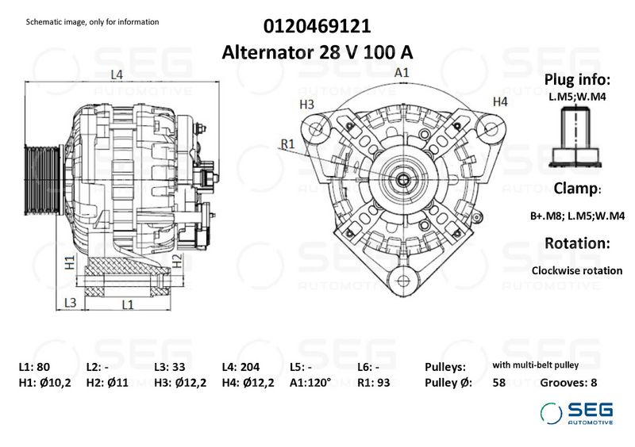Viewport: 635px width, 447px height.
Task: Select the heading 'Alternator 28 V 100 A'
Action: pyautogui.click(x=317, y=52)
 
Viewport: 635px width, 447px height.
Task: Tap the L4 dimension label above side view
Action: pyautogui.click(x=116, y=74)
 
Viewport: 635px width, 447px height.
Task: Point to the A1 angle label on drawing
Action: pyautogui.click(x=402, y=72)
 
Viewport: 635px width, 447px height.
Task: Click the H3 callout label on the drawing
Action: pyautogui.click(x=307, y=104)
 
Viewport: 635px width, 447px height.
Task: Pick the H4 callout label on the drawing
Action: pyautogui.click(x=499, y=101)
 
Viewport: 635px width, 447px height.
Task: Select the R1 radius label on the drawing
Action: pyautogui.click(x=287, y=143)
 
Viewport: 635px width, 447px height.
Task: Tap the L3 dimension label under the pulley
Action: pyautogui.click(x=70, y=303)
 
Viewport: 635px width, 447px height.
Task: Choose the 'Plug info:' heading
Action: pyautogui.click(x=577, y=80)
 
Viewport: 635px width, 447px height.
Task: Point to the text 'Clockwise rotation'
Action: pyautogui.click(x=577, y=270)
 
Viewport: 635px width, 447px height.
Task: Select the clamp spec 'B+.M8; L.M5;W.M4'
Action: pyautogui.click(x=577, y=216)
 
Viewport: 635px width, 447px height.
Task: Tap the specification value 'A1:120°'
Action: pyautogui.click(x=310, y=382)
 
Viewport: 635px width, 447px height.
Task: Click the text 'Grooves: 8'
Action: pyautogui.click(x=568, y=382)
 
